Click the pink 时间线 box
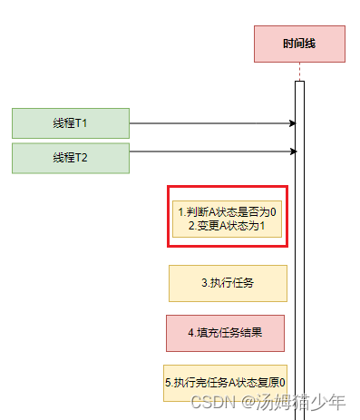[x=299, y=44]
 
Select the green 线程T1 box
[x=71, y=122]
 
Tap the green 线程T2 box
[x=71, y=158]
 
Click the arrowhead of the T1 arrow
[x=292, y=122]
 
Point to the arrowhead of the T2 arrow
[x=292, y=152]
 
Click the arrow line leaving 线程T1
[x=209, y=122]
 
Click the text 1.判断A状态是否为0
[x=228, y=211]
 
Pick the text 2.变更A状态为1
[x=228, y=226]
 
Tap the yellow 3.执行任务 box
[x=228, y=283]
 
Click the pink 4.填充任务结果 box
[x=225, y=332]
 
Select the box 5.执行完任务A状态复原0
[x=225, y=382]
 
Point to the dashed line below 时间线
[x=299, y=72]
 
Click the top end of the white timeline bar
[x=299, y=83]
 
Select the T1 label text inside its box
[x=71, y=122]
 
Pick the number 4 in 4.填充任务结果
[x=191, y=333]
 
